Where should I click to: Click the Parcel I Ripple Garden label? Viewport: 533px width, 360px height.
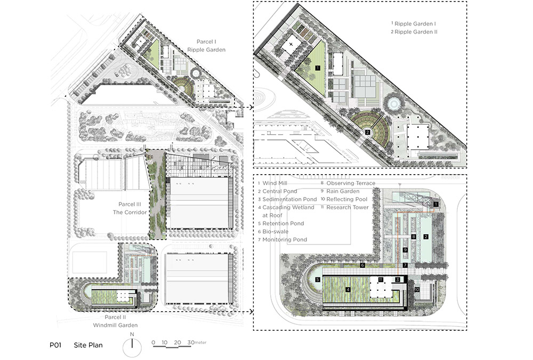click(206, 46)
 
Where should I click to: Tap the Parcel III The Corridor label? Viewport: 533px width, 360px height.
click(130, 208)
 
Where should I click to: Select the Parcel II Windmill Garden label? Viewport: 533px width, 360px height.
click(115, 321)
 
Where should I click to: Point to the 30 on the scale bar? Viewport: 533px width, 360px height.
click(191, 342)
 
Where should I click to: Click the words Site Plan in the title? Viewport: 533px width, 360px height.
click(88, 345)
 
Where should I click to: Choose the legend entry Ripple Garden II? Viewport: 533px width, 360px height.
click(414, 32)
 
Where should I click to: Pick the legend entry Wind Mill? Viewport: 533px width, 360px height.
click(272, 183)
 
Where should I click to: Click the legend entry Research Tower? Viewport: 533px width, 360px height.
click(345, 207)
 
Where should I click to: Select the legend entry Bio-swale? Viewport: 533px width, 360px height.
click(273, 231)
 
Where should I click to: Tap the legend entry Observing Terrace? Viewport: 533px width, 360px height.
click(348, 183)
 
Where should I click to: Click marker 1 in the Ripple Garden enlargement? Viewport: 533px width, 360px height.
click(318, 68)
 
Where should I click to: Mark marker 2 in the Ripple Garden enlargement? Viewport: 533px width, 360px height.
click(367, 133)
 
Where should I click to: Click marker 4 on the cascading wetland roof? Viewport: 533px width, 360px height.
click(348, 290)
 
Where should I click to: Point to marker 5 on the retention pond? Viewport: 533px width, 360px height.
click(318, 280)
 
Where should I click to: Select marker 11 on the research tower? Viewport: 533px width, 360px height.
click(381, 280)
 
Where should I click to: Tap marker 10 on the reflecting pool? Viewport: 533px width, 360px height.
click(417, 290)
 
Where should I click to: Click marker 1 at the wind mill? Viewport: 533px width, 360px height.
click(436, 204)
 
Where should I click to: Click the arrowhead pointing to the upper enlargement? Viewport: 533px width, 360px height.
click(251, 108)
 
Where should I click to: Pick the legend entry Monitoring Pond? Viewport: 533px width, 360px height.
click(282, 240)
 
